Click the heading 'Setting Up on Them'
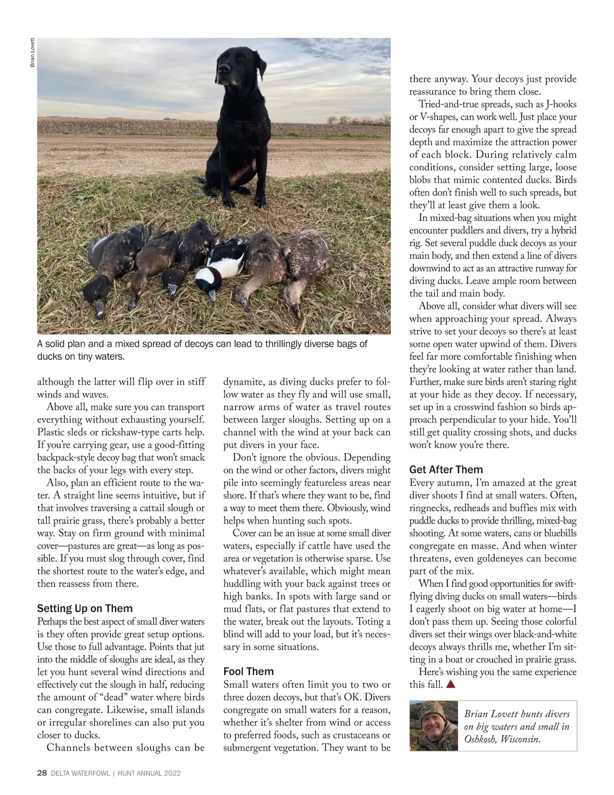[x=84, y=608]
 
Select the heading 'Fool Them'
[x=249, y=671]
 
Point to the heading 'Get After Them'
[x=446, y=469]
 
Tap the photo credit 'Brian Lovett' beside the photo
[x=32, y=52]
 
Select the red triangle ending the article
[x=451, y=684]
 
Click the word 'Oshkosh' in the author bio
[x=480, y=739]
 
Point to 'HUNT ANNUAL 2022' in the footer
[x=149, y=773]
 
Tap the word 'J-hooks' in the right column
[x=559, y=104]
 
